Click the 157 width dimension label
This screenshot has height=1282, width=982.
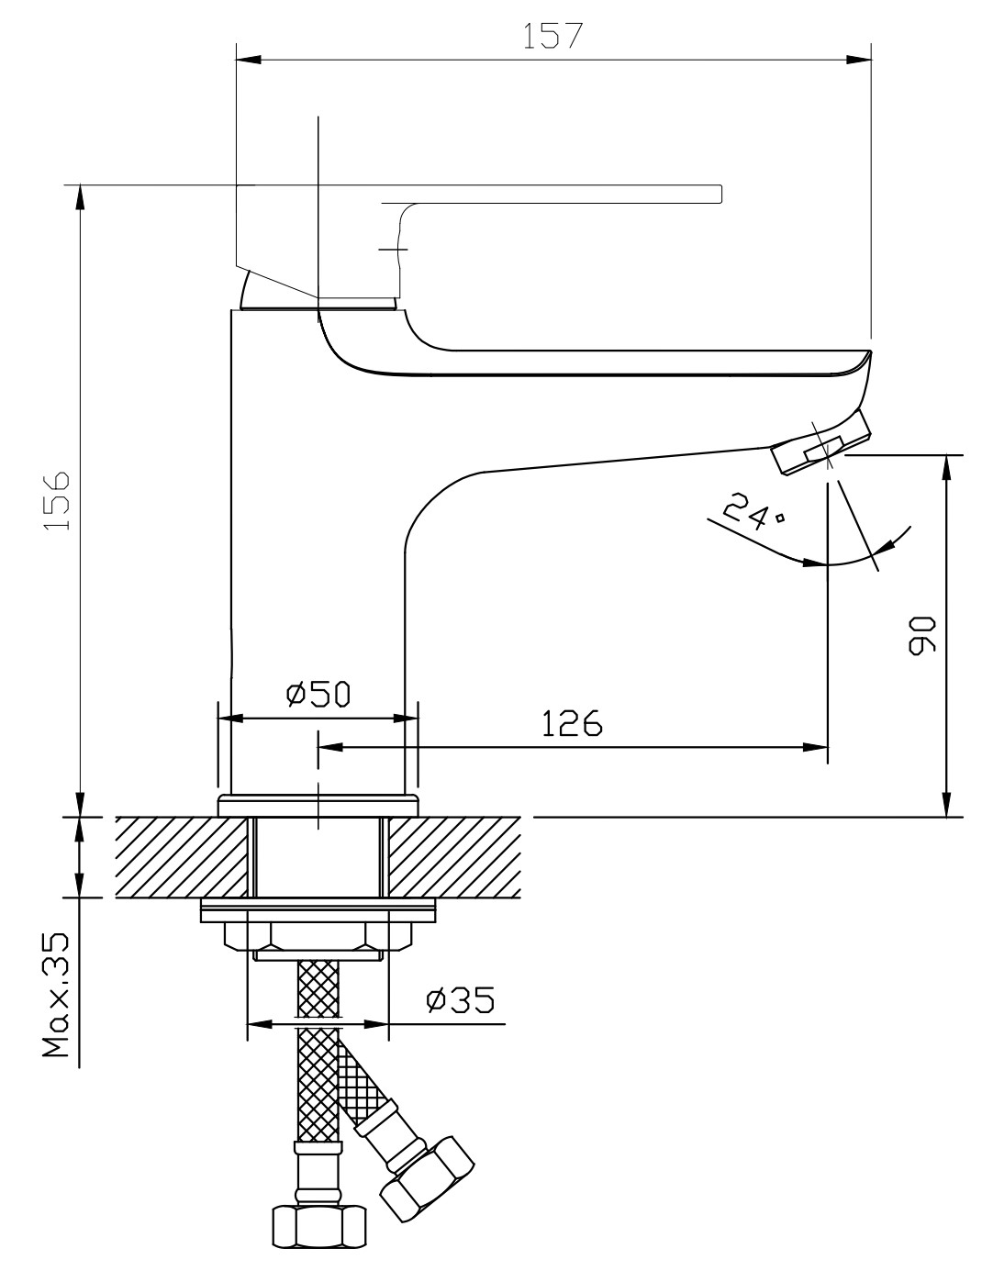(552, 36)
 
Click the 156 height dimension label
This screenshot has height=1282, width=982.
(57, 501)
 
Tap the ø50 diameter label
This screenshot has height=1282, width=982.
(318, 695)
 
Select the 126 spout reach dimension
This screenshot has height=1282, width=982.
(571, 723)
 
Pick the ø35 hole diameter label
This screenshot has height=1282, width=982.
(460, 998)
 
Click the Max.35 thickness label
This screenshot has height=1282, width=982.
(57, 995)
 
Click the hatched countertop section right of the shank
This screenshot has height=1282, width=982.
(453, 857)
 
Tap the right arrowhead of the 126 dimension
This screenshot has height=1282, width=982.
(817, 748)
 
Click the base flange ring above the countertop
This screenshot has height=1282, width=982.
(318, 805)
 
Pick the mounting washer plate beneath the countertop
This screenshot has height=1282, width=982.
(318, 911)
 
